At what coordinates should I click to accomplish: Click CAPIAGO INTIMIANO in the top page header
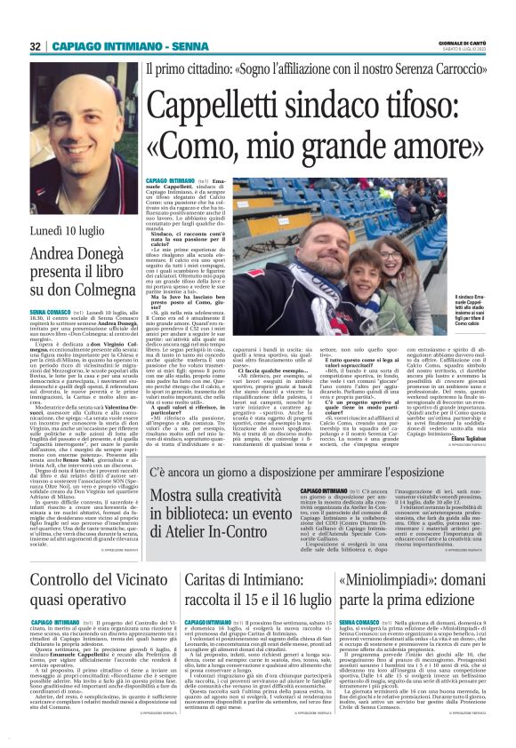[109, 45]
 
